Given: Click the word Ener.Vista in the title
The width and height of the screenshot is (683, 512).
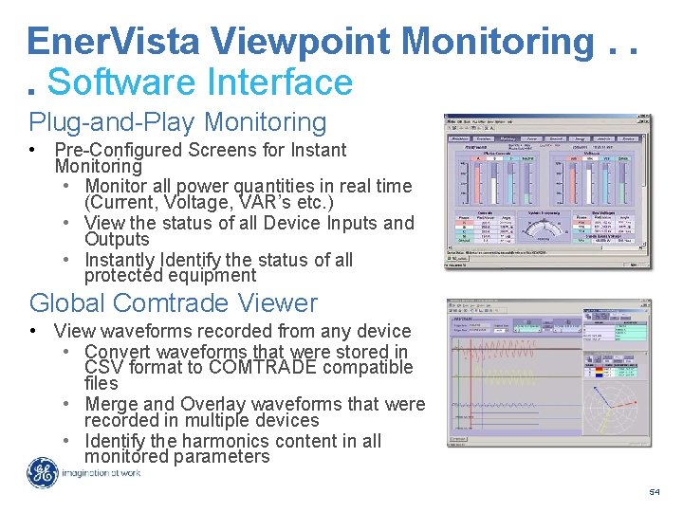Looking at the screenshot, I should (x=113, y=41).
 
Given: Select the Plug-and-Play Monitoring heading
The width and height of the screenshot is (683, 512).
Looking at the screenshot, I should (x=177, y=122).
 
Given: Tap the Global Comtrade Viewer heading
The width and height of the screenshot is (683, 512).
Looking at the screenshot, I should (x=174, y=303).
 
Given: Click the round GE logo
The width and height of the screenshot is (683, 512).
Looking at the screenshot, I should (x=43, y=472).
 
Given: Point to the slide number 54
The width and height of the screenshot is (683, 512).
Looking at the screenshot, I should (x=654, y=492).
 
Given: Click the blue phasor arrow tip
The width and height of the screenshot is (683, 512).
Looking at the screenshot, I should (x=594, y=387).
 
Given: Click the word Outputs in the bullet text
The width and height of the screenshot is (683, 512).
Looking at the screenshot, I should (x=117, y=240).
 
